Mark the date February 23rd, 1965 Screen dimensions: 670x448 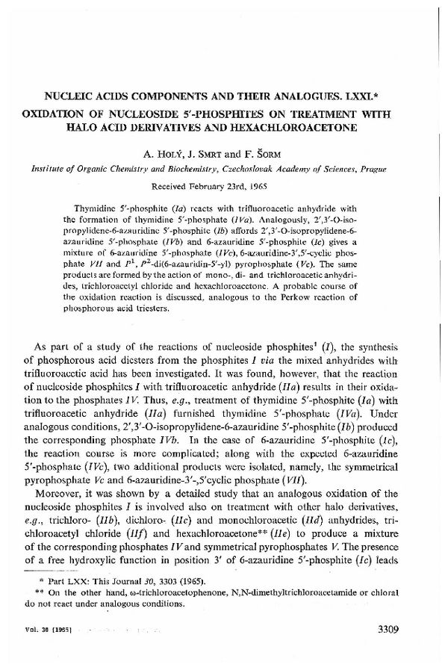[x=234, y=184]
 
